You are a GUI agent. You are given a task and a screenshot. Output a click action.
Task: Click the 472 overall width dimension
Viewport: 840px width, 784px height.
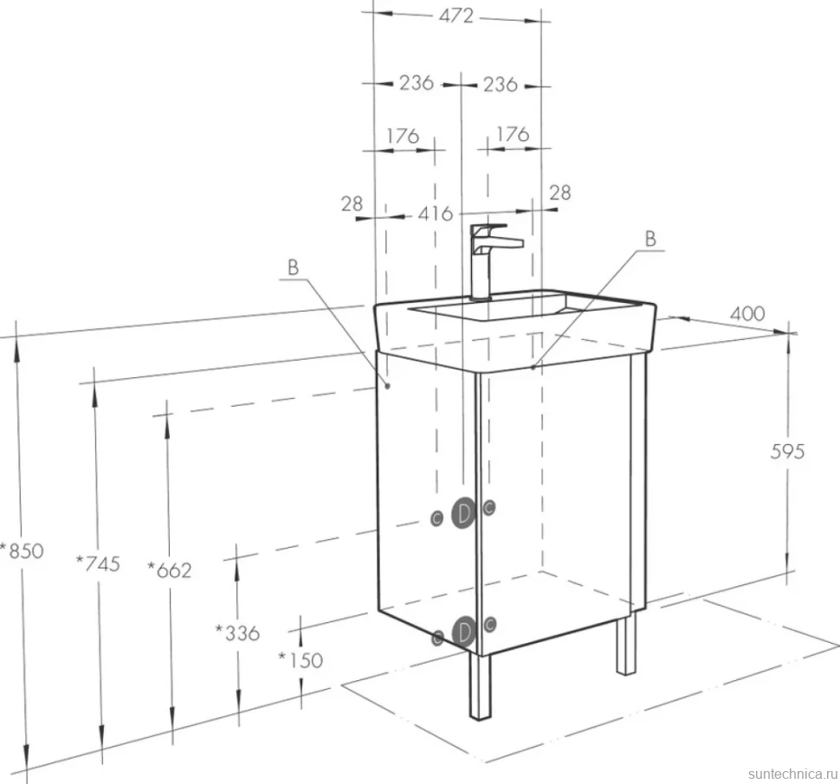456,16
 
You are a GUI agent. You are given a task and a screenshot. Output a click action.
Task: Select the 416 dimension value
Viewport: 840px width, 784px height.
435,214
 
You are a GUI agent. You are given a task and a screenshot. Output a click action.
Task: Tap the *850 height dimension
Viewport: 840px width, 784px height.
23,550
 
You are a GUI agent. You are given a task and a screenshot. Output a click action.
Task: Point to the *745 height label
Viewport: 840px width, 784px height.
98,563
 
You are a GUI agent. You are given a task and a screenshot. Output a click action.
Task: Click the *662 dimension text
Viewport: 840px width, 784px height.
170,570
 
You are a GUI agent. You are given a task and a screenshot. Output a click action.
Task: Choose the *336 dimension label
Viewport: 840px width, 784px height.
237,633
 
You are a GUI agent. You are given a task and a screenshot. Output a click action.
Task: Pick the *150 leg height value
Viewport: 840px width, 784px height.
300,660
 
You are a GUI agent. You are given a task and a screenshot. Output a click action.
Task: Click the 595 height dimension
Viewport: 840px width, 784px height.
787,452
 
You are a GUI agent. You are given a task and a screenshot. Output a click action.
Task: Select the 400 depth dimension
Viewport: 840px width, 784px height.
747,313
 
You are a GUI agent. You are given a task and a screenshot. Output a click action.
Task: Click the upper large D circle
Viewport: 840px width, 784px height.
463,513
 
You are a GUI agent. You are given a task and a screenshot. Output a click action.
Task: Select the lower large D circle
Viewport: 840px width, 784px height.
463,632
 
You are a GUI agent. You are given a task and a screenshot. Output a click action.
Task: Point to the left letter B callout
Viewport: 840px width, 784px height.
293,267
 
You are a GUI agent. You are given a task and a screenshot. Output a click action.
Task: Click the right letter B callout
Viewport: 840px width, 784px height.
650,238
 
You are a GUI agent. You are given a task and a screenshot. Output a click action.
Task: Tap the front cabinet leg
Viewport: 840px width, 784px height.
480,685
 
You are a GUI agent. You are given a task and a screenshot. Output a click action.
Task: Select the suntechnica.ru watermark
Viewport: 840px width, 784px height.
792,774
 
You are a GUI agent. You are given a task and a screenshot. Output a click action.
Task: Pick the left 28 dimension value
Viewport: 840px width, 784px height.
352,204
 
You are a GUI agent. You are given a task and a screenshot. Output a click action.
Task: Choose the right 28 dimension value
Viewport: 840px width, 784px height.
559,193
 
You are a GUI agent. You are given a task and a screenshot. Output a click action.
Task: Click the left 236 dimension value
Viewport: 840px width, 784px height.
417,83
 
